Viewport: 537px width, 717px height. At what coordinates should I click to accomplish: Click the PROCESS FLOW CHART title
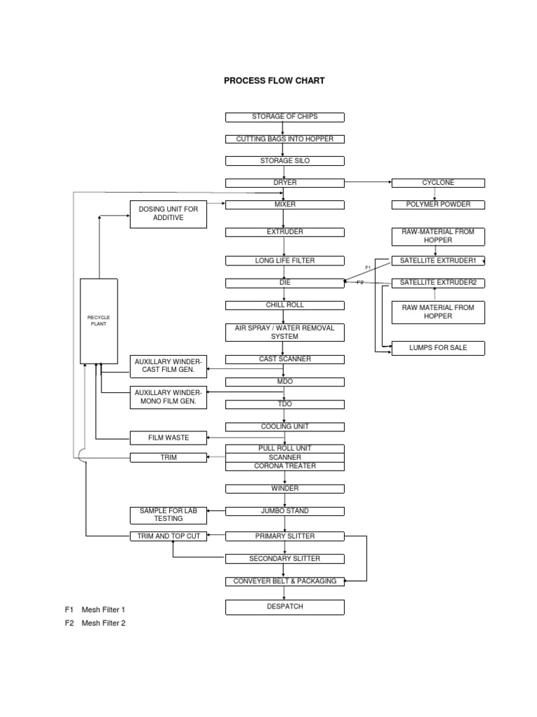[x=274, y=81]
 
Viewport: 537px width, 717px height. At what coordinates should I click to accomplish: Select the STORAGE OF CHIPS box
[x=285, y=117]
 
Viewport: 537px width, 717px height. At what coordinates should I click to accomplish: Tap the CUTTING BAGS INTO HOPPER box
[x=285, y=139]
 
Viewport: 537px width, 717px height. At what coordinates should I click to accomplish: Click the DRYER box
[x=285, y=183]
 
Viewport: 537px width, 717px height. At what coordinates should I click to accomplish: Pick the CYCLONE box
[x=438, y=183]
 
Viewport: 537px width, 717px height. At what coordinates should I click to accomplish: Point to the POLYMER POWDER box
[x=438, y=204]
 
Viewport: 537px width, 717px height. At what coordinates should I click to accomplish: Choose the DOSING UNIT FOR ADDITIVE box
[x=169, y=214]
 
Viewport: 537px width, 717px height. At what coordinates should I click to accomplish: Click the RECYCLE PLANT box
[x=99, y=321]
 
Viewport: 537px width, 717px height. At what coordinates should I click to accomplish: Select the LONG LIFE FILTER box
[x=285, y=261]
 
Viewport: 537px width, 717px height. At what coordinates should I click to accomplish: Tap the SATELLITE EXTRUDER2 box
[x=438, y=283]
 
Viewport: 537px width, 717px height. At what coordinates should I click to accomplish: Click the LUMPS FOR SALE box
[x=438, y=348]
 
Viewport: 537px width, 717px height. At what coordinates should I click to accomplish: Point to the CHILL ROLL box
[x=285, y=305]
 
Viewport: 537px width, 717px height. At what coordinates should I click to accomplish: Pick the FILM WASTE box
[x=169, y=438]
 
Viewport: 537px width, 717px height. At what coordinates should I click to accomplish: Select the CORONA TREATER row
[x=285, y=466]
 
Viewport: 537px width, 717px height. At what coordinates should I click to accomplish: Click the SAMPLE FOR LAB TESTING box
[x=169, y=515]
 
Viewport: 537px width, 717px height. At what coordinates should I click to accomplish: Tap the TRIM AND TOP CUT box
[x=169, y=536]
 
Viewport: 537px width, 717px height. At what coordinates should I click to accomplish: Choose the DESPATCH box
[x=285, y=607]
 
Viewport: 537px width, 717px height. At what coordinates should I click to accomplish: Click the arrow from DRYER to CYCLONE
[x=368, y=183]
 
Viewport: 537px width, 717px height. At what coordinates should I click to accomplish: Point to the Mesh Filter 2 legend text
[x=103, y=623]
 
